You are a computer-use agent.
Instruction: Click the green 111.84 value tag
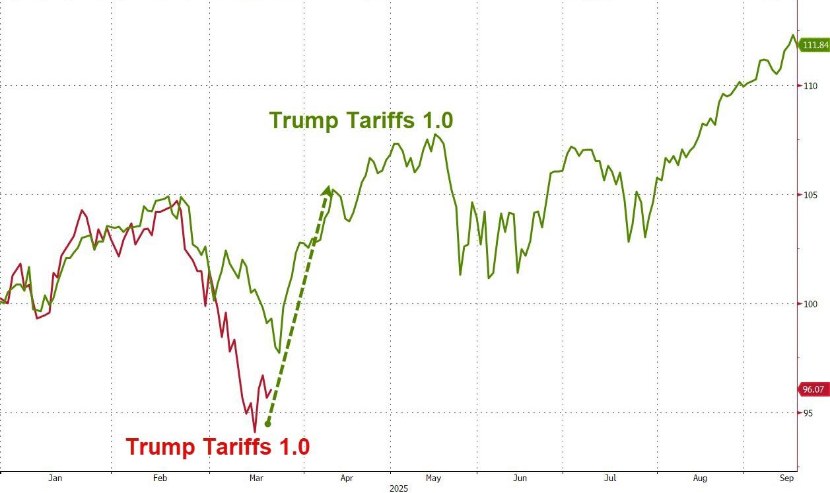click(x=814, y=45)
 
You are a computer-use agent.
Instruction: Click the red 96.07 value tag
click(x=814, y=389)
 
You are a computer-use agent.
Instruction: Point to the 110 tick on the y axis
click(x=811, y=86)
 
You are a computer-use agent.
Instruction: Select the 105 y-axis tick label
click(x=811, y=195)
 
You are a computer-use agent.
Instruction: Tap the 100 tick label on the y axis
click(x=811, y=304)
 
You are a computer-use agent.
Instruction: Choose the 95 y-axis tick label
click(x=809, y=413)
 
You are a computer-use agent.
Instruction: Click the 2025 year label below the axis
click(x=398, y=488)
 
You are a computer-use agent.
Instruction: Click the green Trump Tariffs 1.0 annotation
click(x=361, y=121)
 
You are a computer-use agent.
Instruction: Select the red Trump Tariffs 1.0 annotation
click(x=218, y=447)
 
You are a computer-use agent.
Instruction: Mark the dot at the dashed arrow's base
click(x=267, y=424)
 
